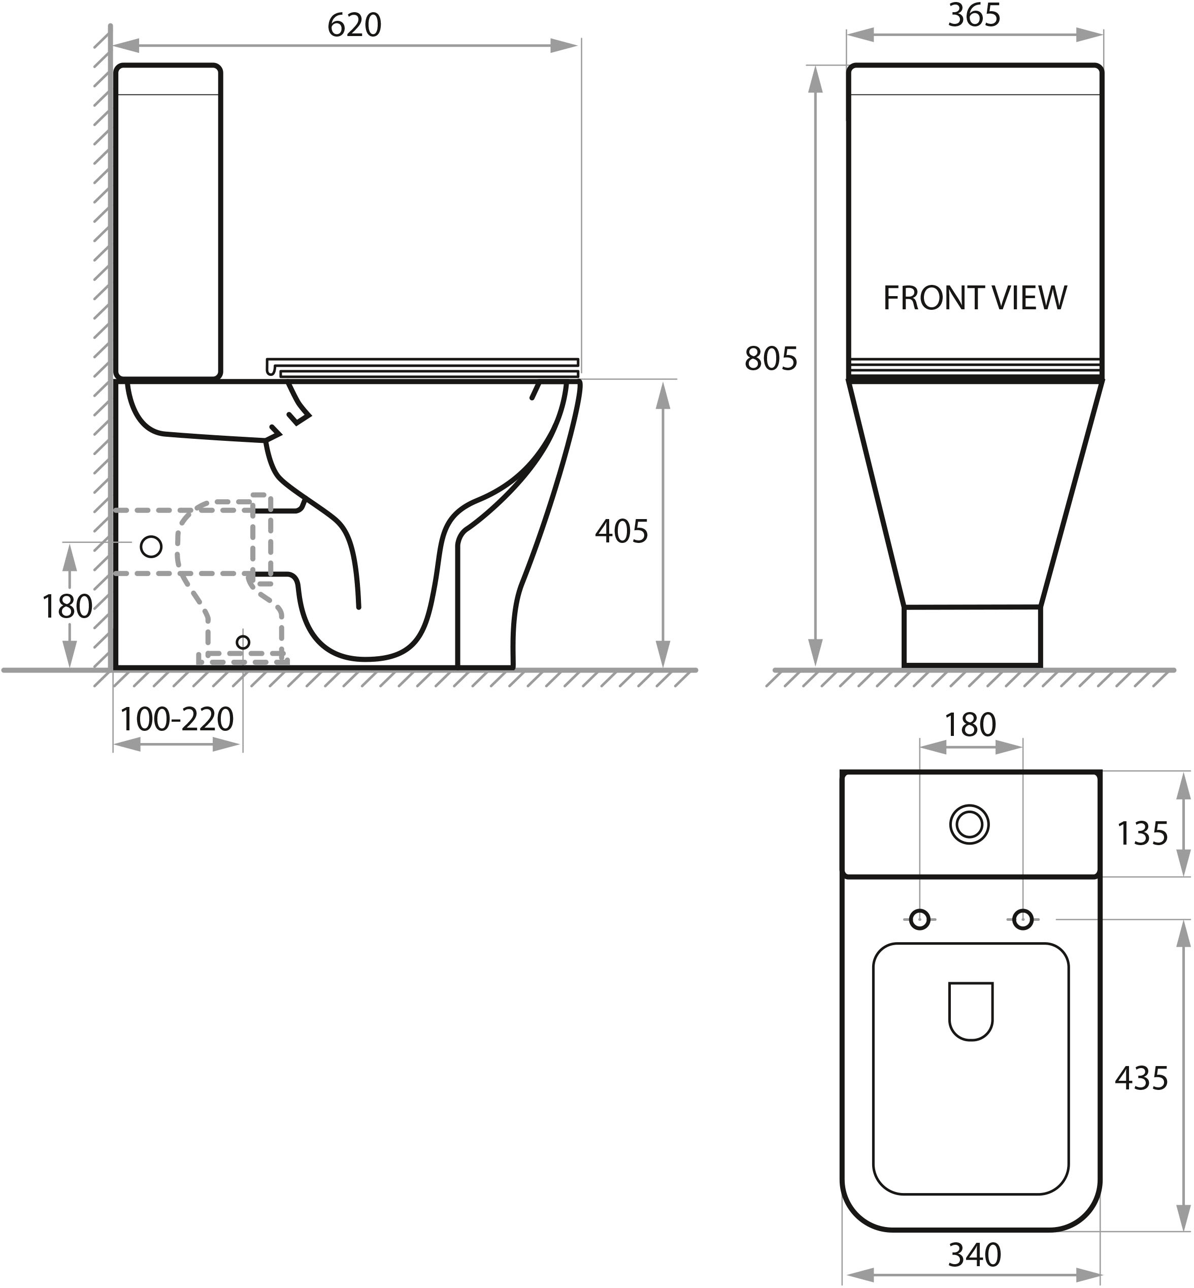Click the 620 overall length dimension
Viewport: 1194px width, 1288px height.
354,26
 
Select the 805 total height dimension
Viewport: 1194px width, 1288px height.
771,359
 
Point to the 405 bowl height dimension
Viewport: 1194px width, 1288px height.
621,531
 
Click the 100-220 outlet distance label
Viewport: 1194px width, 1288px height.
177,719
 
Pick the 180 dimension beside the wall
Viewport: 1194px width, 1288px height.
67,606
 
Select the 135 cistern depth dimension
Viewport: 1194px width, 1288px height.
1142,833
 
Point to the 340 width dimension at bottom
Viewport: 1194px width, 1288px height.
974,1255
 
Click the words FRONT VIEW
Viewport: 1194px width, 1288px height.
974,298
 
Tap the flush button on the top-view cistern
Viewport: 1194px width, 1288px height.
969,825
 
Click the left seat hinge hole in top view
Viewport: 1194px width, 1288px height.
919,918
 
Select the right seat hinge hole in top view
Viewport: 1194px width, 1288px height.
1023,918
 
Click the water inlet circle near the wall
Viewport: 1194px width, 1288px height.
151,546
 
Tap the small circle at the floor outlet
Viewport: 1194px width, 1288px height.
243,642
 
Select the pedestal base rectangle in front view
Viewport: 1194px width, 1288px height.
972,636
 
